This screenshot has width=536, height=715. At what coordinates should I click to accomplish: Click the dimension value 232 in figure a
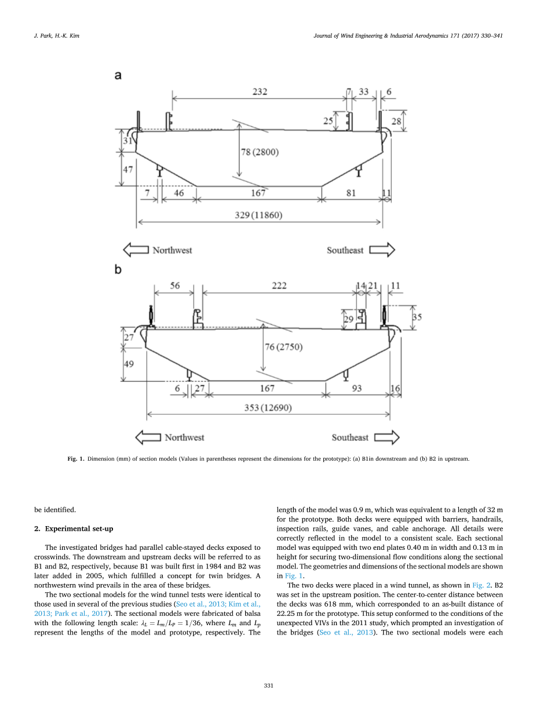(x=260, y=92)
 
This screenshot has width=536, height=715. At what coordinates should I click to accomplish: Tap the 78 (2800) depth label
(x=260, y=152)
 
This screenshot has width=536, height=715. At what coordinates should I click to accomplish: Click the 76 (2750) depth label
(x=283, y=347)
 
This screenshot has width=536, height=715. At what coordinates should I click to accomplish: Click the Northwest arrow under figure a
(x=137, y=250)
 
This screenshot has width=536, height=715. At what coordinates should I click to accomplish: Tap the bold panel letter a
(x=118, y=76)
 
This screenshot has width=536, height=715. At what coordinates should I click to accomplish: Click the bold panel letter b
(x=118, y=270)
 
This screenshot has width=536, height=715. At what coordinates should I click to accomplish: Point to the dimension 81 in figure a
(x=351, y=193)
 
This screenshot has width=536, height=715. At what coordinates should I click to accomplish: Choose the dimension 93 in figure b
(x=357, y=388)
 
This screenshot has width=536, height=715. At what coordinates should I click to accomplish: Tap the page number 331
(x=268, y=685)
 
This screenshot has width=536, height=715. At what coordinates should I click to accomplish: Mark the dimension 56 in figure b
(x=174, y=286)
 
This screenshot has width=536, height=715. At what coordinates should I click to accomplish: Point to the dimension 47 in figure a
(x=128, y=169)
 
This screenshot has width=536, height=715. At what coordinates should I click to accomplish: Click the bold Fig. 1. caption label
(x=75, y=458)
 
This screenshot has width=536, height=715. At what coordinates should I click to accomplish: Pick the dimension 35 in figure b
(x=418, y=317)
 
